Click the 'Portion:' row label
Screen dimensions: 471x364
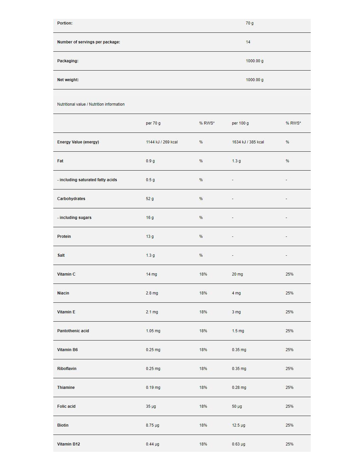(65, 23)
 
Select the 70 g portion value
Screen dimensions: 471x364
(250, 23)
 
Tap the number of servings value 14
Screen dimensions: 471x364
(248, 42)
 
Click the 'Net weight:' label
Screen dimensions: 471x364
(68, 80)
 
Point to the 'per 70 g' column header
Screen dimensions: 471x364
(153, 123)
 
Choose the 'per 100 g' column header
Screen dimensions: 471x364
(240, 123)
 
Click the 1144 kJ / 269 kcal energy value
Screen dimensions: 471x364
(162, 142)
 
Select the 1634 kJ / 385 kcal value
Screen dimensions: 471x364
(248, 142)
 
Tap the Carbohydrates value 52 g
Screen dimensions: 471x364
(150, 199)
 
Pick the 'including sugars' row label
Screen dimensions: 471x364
(74, 218)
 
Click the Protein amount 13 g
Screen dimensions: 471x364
(150, 236)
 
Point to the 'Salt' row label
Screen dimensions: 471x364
(61, 255)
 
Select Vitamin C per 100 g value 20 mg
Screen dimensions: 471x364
(237, 274)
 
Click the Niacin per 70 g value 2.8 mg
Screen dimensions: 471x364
(152, 293)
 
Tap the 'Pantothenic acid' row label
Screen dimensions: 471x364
(73, 331)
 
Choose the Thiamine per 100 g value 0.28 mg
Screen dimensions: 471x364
(239, 388)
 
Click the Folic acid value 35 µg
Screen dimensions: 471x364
(151, 406)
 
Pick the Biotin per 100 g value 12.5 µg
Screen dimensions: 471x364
(239, 425)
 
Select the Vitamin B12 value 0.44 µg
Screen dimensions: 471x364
(153, 444)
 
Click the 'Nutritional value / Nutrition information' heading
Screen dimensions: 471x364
(91, 104)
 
